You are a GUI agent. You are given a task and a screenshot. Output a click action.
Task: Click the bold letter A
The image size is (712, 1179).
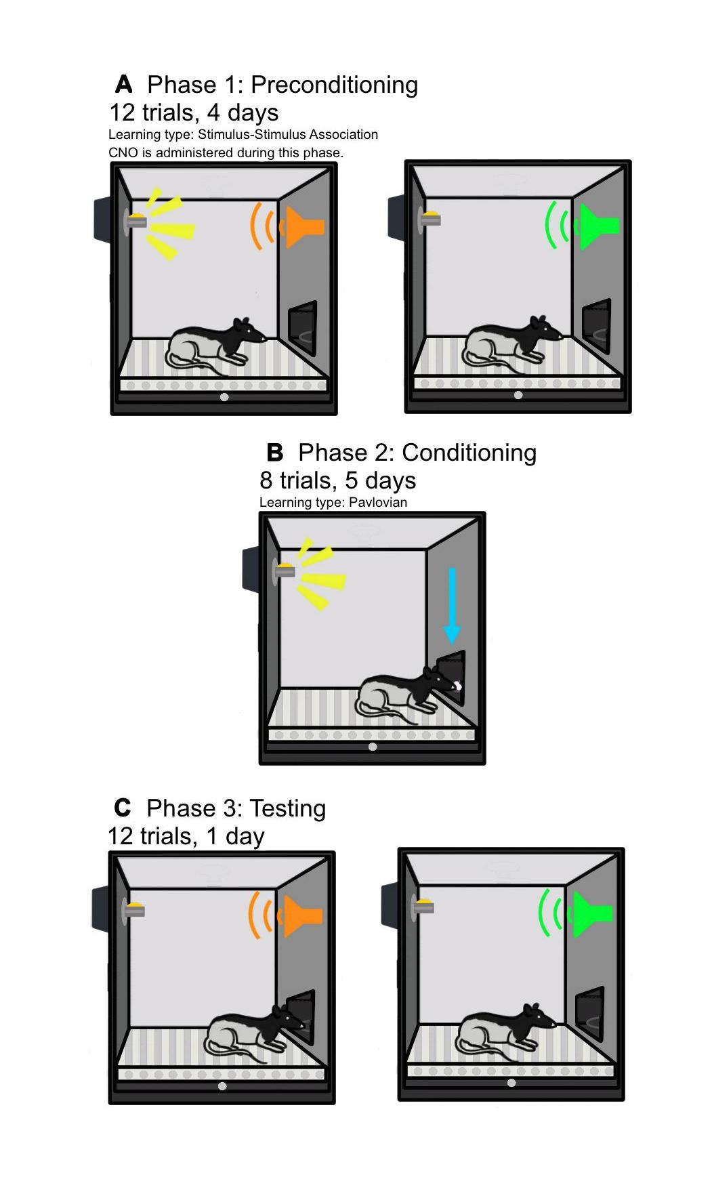pos(124,85)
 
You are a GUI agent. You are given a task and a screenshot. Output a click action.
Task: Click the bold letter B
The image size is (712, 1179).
pos(274,453)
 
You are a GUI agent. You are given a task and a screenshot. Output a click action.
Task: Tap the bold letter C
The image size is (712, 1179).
pos(123,808)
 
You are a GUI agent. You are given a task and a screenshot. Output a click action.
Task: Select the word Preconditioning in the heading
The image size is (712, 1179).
pos(334,85)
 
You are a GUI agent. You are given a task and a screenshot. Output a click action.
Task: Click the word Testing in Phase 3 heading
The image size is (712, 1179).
pos(287,808)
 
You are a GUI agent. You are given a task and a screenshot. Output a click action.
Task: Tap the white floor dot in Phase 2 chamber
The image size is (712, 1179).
pos(372,747)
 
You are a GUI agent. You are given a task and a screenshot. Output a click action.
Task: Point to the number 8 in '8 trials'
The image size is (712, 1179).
pos(266,480)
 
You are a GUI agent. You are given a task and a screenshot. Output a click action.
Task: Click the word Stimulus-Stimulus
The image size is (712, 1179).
pos(247,134)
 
